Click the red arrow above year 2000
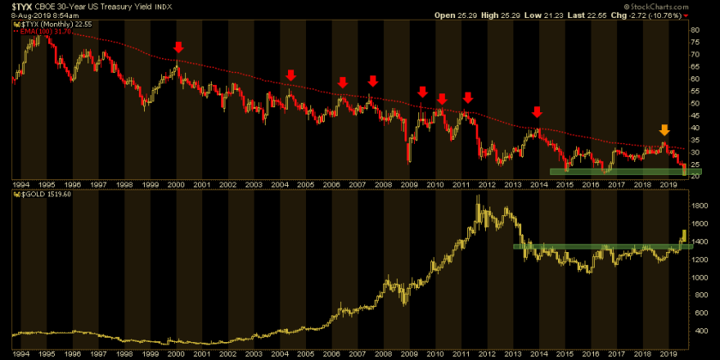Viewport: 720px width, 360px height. (x=177, y=47)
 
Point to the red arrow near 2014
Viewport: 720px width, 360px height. (x=537, y=112)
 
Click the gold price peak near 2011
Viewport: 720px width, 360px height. (x=477, y=197)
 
